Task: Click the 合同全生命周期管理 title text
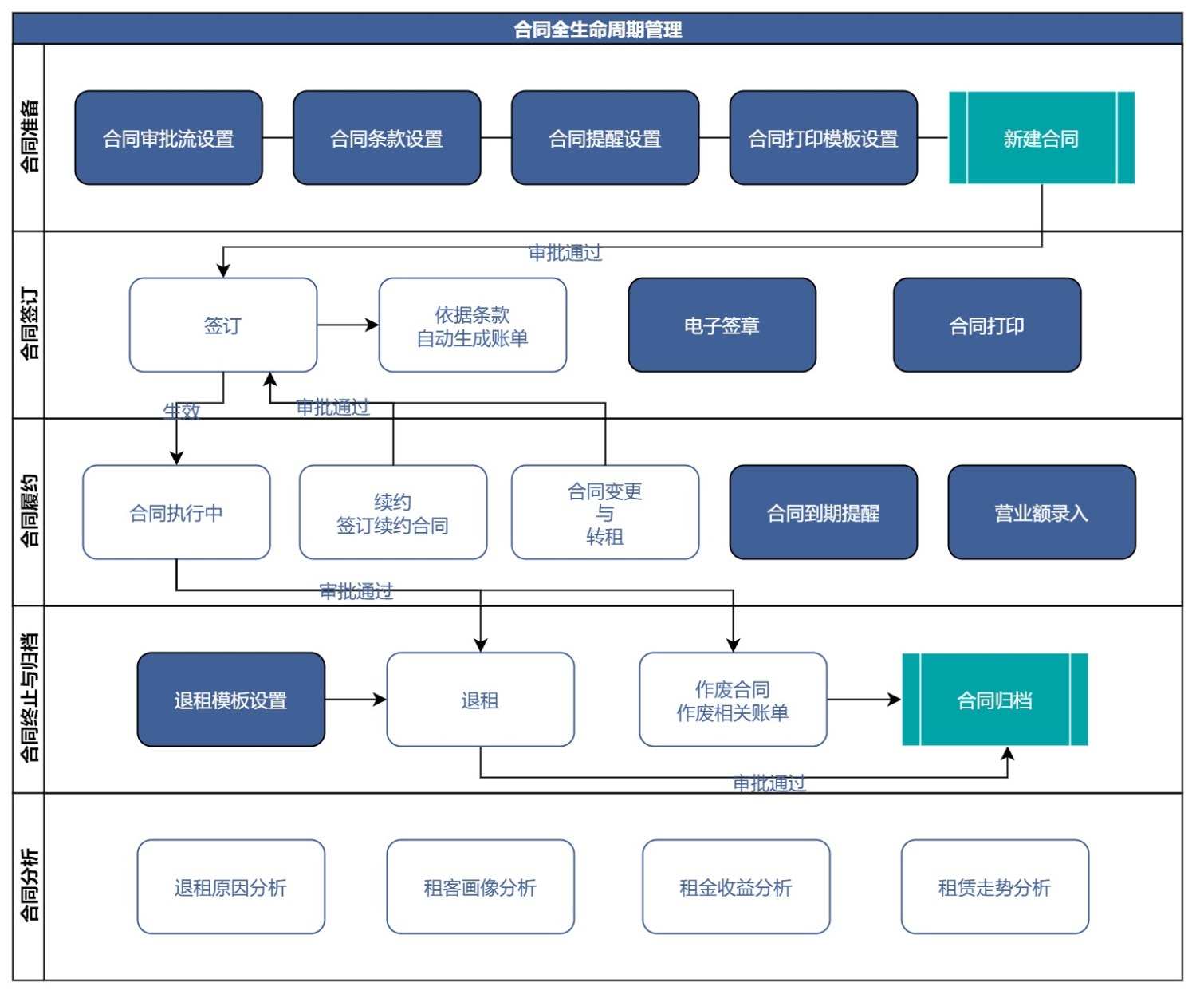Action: [597, 30]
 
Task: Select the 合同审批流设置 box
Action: [168, 138]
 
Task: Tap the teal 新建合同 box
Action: [1041, 138]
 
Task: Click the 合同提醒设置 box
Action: [604, 138]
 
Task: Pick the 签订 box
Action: [222, 325]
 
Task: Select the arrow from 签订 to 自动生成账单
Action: [348, 325]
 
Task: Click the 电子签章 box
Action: [722, 325]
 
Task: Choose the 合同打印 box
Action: [986, 325]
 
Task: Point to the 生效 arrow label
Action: [182, 411]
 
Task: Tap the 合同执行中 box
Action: [176, 512]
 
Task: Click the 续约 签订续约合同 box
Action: [392, 512]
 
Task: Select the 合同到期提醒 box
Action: [823, 512]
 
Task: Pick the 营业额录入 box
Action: [1041, 512]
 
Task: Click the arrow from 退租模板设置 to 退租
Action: [356, 700]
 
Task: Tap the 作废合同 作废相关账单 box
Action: [732, 700]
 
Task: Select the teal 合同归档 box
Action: [994, 700]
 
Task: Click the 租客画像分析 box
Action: [480, 886]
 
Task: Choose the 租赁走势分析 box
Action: [994, 886]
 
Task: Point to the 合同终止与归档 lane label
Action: [29, 698]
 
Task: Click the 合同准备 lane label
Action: [29, 136]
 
